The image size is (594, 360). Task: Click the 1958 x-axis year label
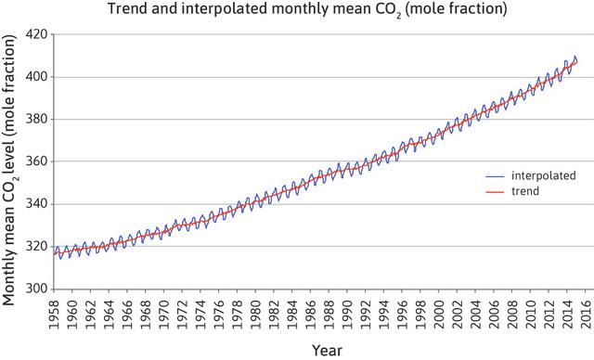(x=55, y=313)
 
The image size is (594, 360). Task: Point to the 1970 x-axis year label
(x=164, y=313)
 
